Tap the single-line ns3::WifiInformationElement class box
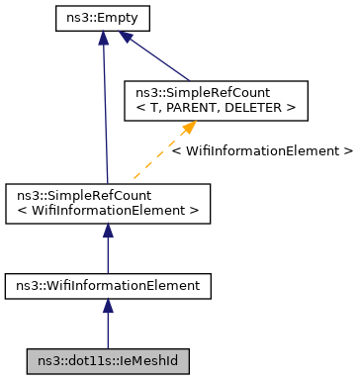(x=107, y=286)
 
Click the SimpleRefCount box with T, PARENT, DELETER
(x=208, y=100)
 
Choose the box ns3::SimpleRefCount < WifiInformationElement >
(x=107, y=203)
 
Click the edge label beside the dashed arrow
(x=261, y=151)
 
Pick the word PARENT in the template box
(x=198, y=107)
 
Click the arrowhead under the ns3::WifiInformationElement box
(x=107, y=307)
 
